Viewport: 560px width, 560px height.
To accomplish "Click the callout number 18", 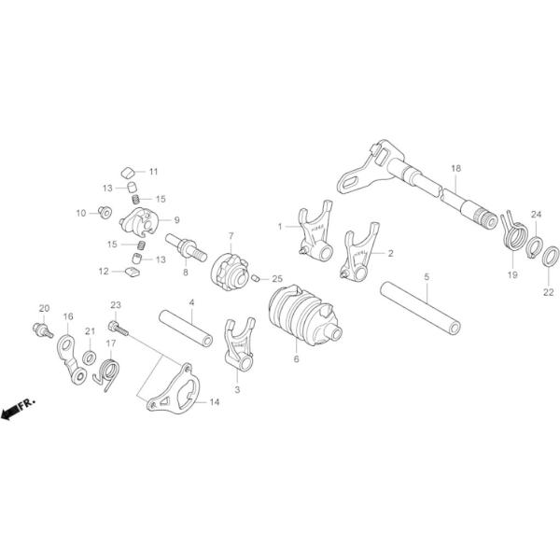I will [x=455, y=169].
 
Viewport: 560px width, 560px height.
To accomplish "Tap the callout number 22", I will [x=549, y=291].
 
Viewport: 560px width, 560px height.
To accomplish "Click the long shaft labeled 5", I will [x=421, y=303].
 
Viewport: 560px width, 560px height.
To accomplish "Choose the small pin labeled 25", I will [x=255, y=277].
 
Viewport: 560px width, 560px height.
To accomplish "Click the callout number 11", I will [x=153, y=172].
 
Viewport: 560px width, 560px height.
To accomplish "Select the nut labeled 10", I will [x=105, y=211].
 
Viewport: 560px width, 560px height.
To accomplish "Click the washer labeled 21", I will [x=89, y=357].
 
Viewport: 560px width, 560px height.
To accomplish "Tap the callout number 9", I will [x=176, y=219].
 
